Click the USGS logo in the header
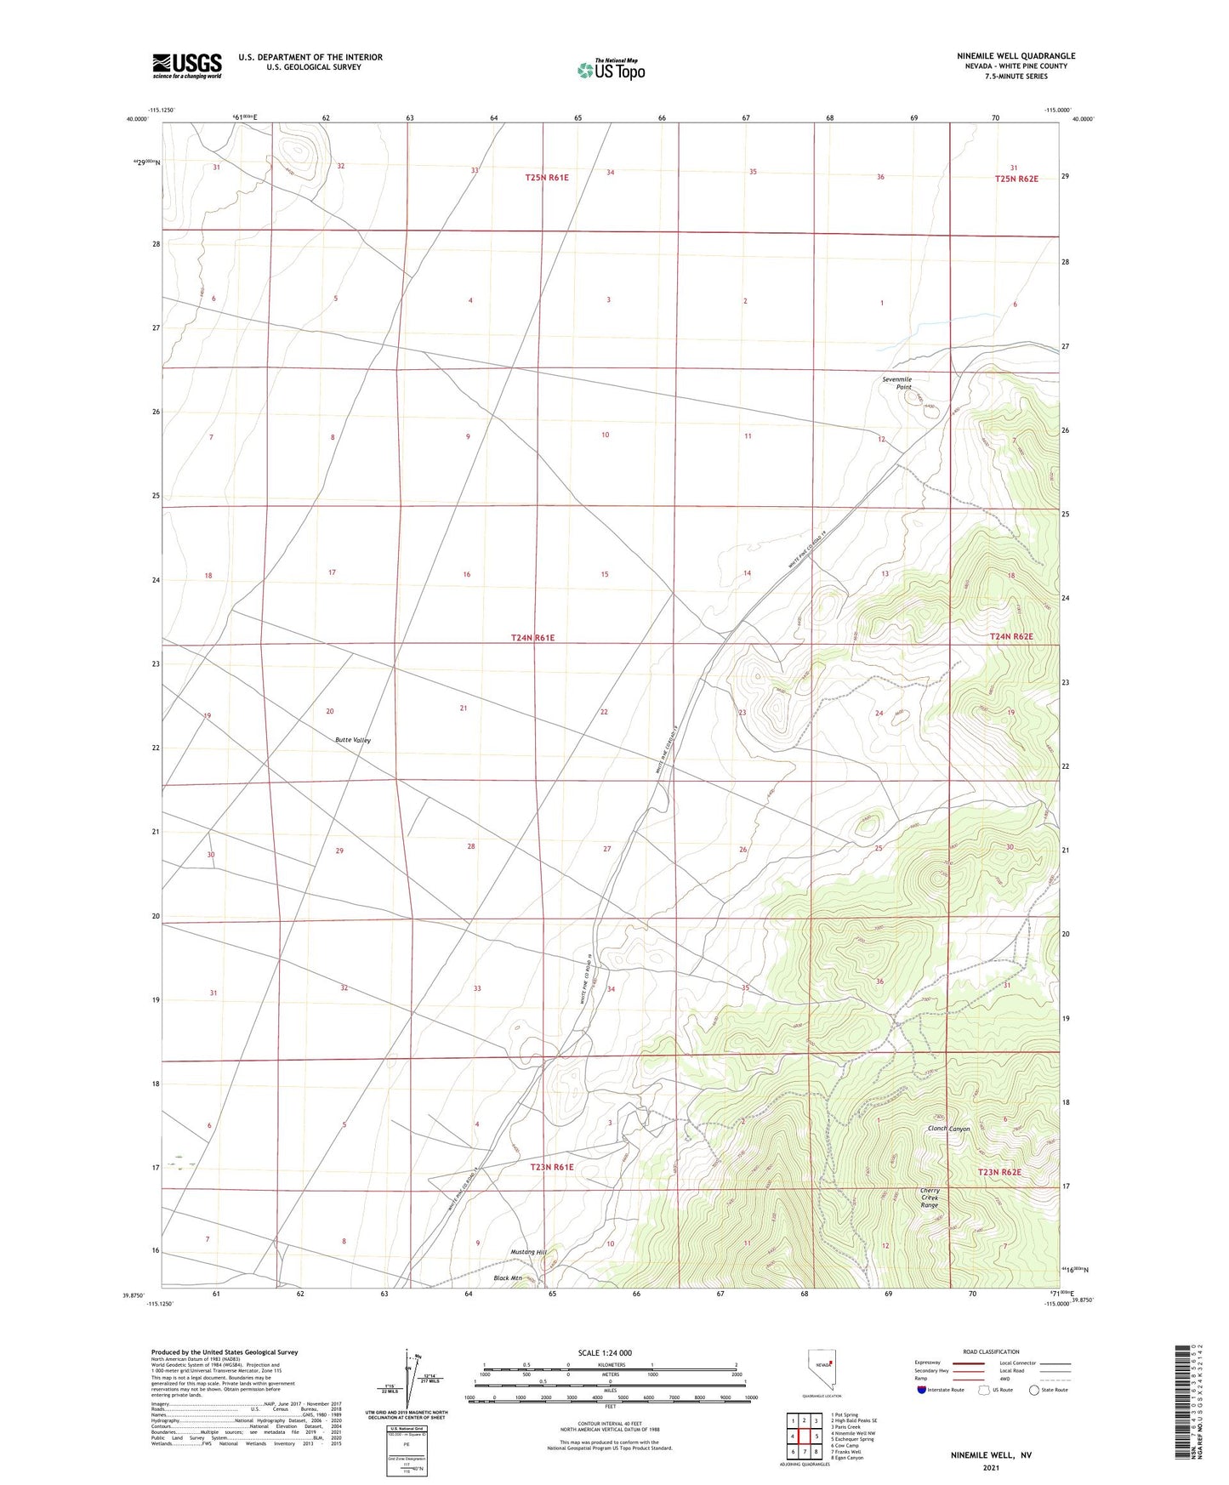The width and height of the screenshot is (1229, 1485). point(187,65)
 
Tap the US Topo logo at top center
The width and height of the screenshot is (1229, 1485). point(611,70)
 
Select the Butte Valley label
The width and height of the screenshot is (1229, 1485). point(353,740)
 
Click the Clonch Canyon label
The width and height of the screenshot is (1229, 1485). point(948,1129)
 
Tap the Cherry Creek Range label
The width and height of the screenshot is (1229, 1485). point(930,1198)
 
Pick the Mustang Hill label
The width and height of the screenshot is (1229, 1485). point(529,1252)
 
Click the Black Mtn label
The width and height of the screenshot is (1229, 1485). point(508,1278)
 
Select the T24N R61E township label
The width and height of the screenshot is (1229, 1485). point(532,637)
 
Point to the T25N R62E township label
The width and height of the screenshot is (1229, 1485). point(1016,179)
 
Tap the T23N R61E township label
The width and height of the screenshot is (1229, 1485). point(552,1167)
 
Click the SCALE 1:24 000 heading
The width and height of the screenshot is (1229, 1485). point(605,1352)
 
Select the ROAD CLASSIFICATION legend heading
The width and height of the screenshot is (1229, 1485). point(992,1351)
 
